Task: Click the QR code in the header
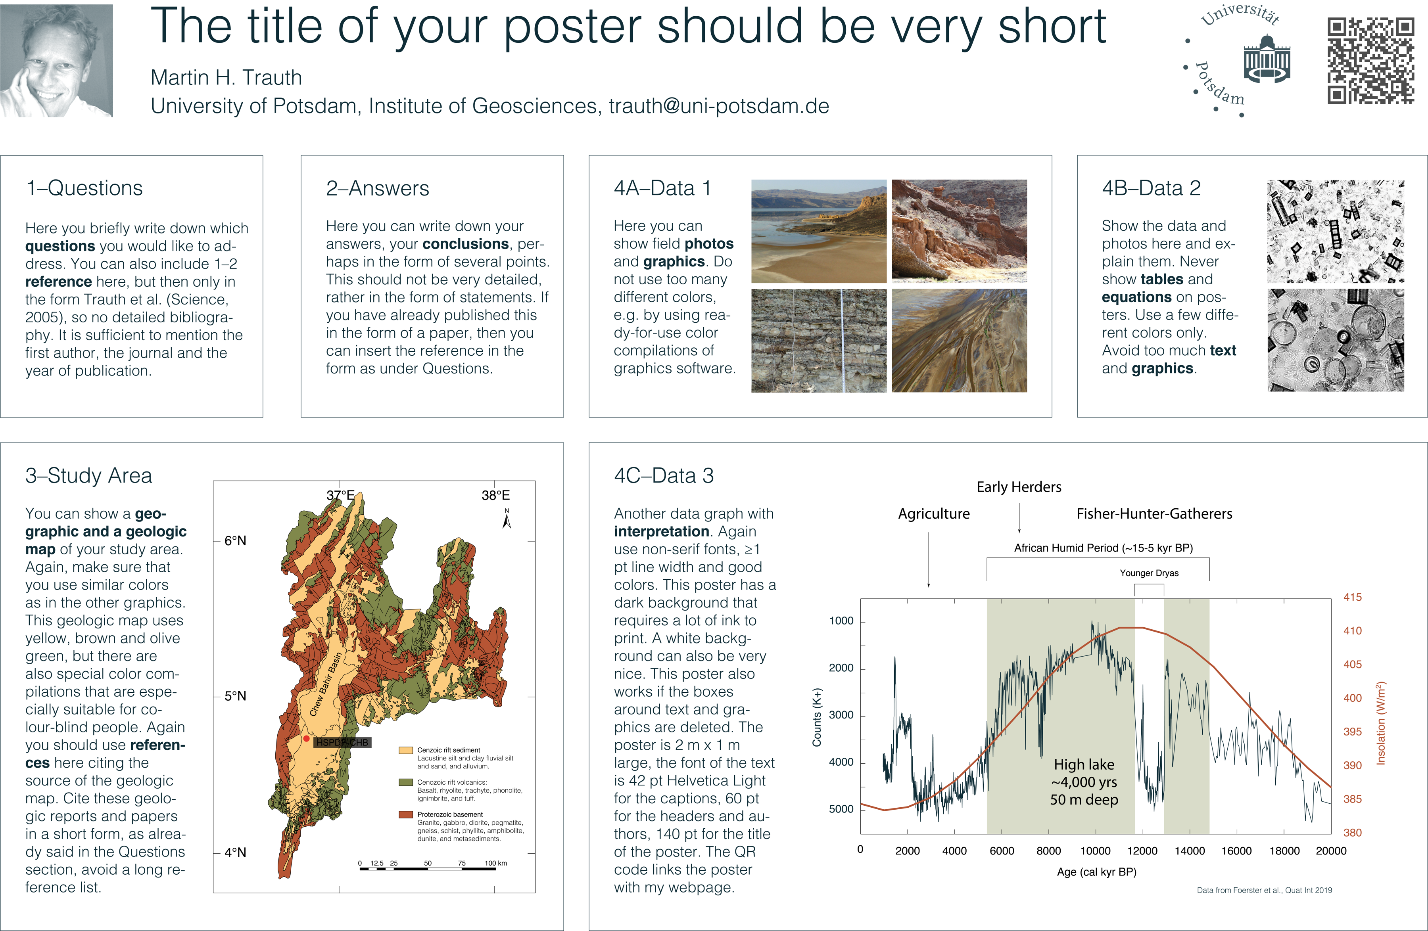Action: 1371,61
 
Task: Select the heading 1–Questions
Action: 84,188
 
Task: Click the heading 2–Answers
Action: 377,188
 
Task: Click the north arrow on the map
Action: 507,519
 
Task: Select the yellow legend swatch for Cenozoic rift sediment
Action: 406,751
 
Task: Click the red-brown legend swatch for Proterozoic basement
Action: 406,814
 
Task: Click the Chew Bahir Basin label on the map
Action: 326,684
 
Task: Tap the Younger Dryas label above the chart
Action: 1149,573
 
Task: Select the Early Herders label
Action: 1019,487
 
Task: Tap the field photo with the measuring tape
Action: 819,341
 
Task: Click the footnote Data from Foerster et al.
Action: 1264,890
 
